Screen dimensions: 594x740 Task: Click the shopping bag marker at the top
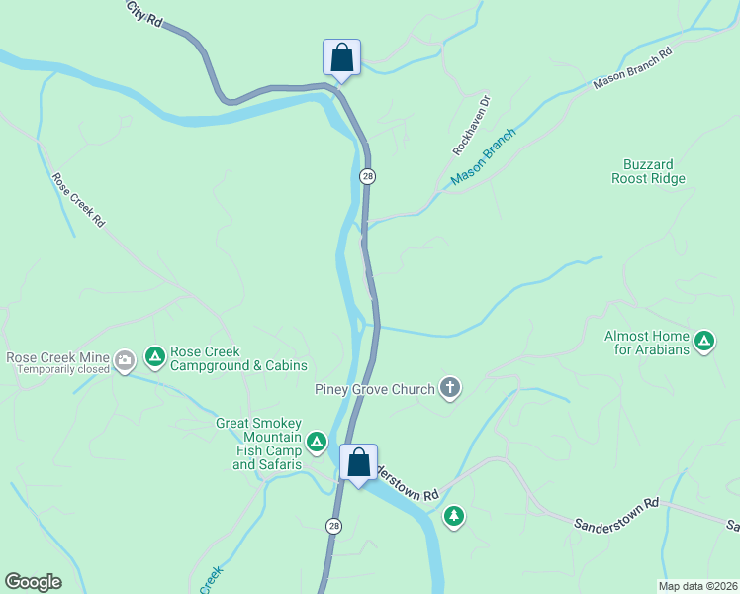pyautogui.click(x=341, y=56)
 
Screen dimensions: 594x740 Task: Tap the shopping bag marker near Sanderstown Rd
pyautogui.click(x=358, y=462)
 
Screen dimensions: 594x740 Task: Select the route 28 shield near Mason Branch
pyautogui.click(x=367, y=176)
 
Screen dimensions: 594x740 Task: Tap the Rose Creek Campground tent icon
pyautogui.click(x=154, y=355)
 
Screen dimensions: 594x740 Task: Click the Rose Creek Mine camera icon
pyautogui.click(x=125, y=358)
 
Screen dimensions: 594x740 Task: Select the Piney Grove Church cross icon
pyautogui.click(x=450, y=387)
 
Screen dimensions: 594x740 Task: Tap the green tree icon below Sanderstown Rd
pyautogui.click(x=454, y=516)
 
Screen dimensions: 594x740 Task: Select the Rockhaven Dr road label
pyautogui.click(x=471, y=125)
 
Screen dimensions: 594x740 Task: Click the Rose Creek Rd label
pyautogui.click(x=78, y=201)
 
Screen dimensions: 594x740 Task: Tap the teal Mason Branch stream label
pyautogui.click(x=484, y=157)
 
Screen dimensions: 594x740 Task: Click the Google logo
pyautogui.click(x=33, y=582)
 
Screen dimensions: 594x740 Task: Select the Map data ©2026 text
pyautogui.click(x=697, y=585)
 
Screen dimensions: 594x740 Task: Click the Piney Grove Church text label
pyautogui.click(x=375, y=389)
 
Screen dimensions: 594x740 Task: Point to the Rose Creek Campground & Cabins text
pyautogui.click(x=238, y=358)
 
